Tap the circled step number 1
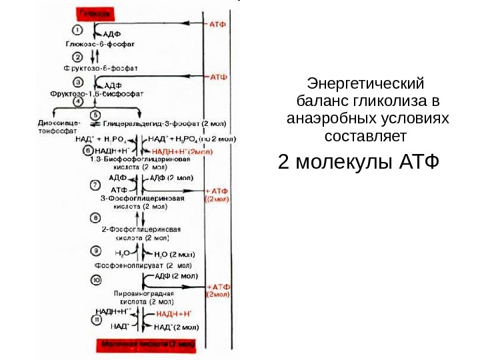click(78, 31)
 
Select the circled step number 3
click(78, 81)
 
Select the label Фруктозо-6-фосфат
click(100, 68)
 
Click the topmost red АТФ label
click(218, 23)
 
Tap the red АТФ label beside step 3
click(219, 77)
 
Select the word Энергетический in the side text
click(365, 85)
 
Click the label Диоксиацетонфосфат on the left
click(59, 127)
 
